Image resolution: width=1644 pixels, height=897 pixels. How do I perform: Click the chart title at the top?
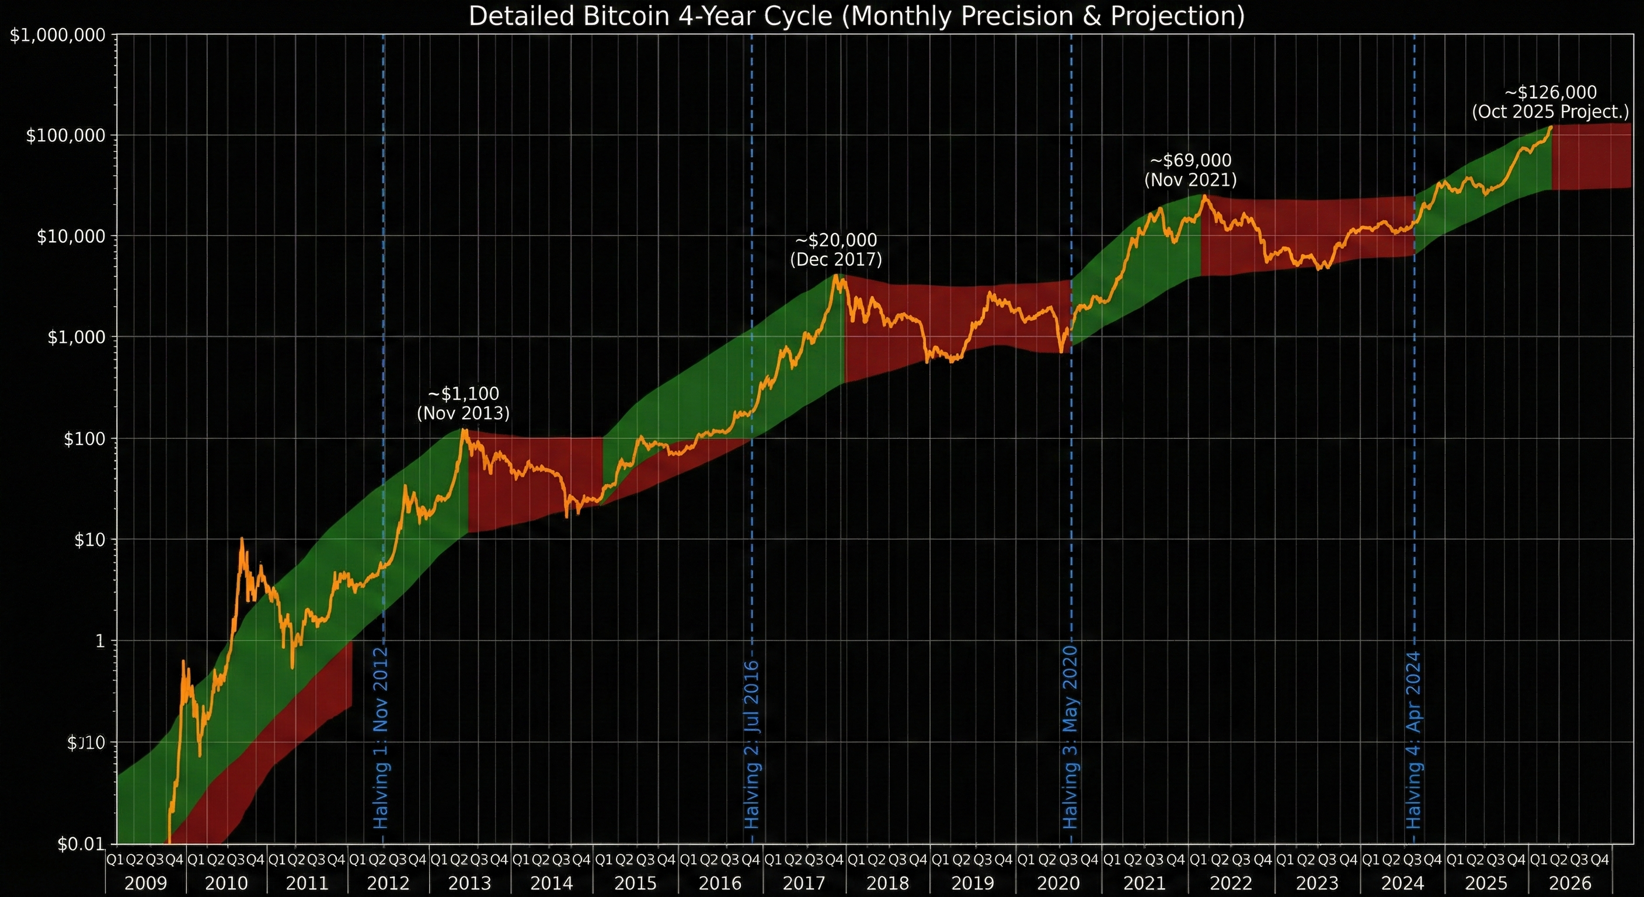856,16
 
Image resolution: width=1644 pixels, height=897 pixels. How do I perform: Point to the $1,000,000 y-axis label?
57,35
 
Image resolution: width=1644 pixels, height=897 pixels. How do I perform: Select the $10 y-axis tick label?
89,540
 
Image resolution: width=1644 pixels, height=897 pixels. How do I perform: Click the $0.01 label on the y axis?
81,844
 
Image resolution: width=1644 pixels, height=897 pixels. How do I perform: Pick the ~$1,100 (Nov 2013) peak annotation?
464,403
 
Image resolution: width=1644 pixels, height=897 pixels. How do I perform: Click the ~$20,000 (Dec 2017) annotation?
836,249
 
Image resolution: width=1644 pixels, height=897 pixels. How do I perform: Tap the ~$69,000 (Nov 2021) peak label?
1190,170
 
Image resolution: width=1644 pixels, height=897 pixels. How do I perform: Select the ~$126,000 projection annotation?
1550,102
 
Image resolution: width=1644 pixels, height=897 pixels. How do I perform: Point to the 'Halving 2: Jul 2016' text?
753,744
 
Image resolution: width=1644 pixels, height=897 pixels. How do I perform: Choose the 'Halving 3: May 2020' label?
1070,737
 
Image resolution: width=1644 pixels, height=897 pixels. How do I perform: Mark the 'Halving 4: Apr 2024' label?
1413,739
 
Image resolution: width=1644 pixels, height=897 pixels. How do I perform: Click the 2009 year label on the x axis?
145,884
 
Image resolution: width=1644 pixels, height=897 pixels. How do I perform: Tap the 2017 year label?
804,884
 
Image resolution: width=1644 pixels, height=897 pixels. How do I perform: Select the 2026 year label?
1570,884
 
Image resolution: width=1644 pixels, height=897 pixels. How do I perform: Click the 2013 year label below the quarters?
470,884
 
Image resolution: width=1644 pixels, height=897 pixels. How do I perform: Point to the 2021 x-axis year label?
1144,884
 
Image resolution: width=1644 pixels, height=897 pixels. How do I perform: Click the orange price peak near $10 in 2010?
241,539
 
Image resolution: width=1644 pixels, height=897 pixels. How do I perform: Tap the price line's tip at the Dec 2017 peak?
835,275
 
